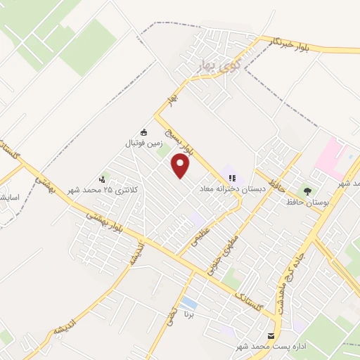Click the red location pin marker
[x=181, y=165]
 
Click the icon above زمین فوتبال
[x=143, y=131]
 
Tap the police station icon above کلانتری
[x=104, y=179]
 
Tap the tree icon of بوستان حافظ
[x=305, y=190]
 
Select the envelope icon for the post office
[x=272, y=337]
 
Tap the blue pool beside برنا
[x=188, y=303]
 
